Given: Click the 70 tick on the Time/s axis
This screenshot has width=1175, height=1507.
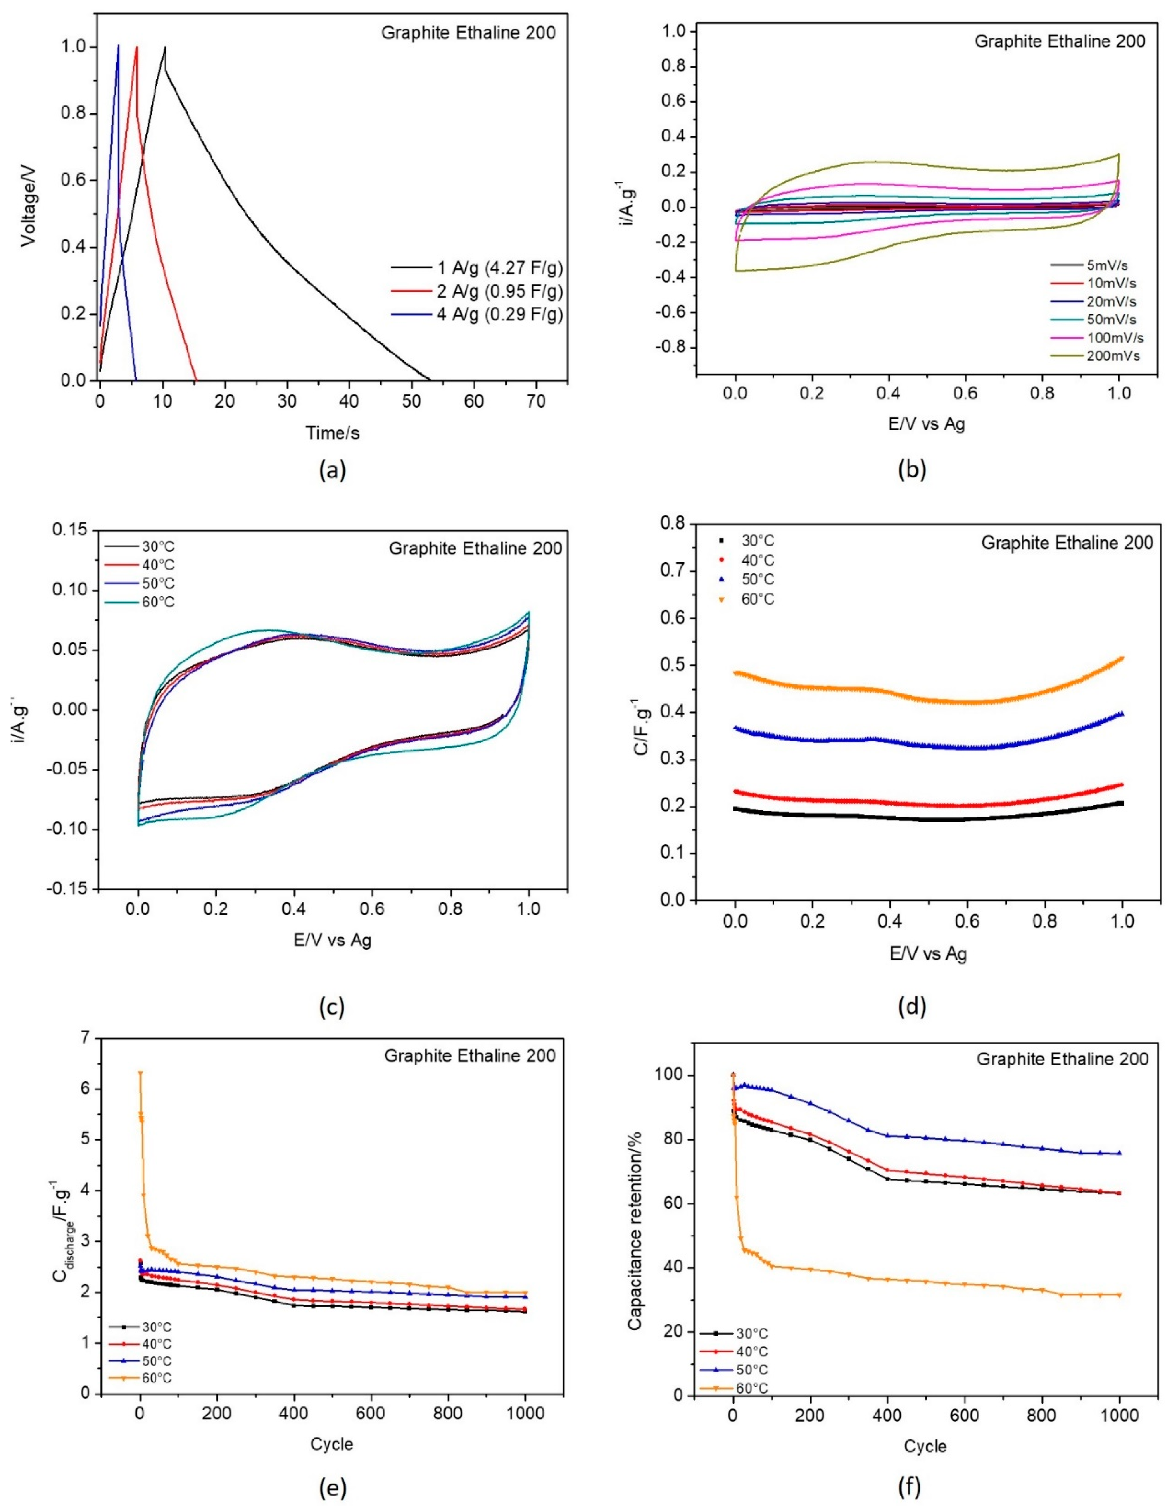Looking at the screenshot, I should (536, 402).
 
